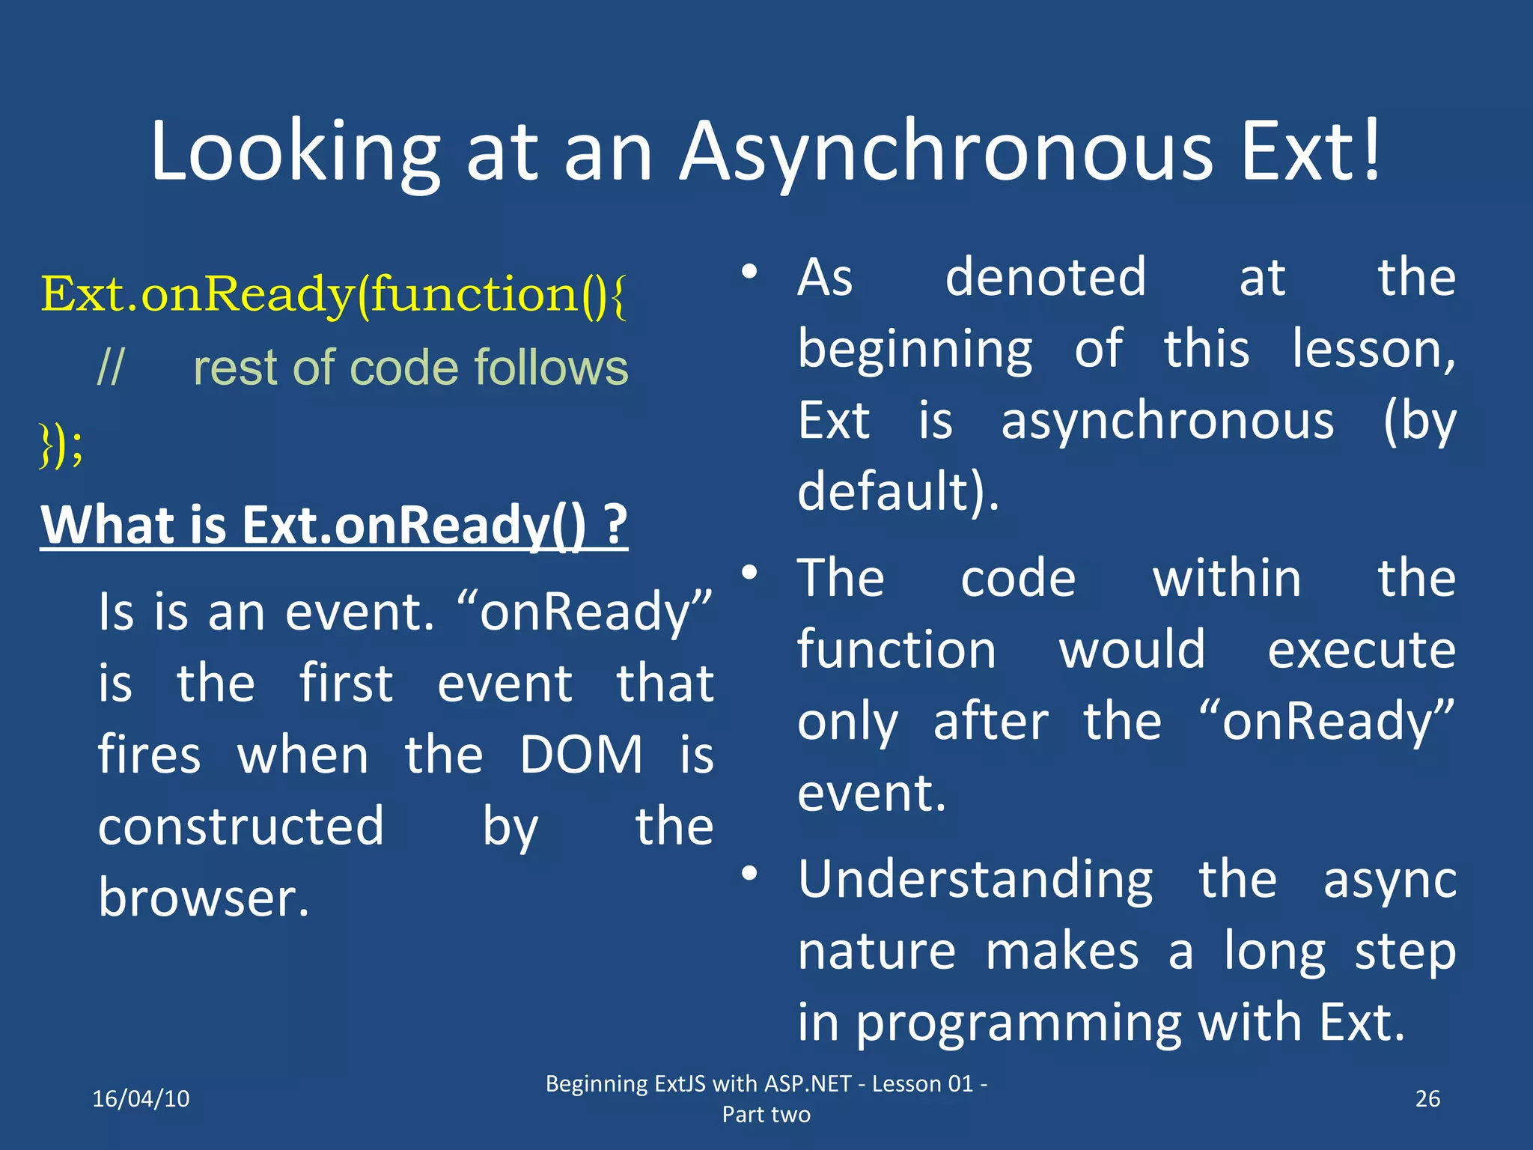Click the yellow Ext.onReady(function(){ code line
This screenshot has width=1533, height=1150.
pos(333,294)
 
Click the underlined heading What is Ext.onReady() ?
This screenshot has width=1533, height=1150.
pos(334,525)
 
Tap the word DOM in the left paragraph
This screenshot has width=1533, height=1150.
pos(582,755)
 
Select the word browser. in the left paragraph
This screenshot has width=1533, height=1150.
pos(204,898)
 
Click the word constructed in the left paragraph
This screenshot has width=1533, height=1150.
pos(241,827)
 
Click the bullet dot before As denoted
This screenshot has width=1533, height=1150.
pos(750,272)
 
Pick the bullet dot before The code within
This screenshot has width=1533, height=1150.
pos(750,574)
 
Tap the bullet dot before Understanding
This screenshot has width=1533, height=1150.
pos(750,874)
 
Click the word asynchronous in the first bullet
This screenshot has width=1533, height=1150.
pos(1168,422)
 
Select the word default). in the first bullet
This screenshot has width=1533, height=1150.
pos(898,492)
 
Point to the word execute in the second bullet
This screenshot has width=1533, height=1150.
pos(1362,649)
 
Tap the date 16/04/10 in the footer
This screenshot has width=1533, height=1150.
pos(141,1098)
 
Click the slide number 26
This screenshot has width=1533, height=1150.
pos(1427,1098)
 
